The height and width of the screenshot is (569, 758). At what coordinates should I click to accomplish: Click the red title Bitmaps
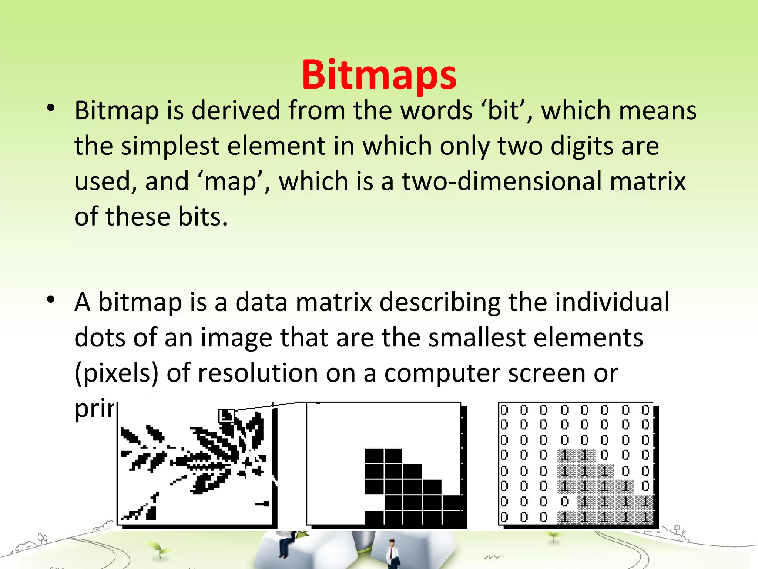click(x=379, y=75)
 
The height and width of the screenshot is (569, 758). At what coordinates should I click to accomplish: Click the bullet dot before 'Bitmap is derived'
click(x=51, y=108)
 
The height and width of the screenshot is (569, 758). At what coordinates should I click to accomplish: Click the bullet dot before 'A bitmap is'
click(x=51, y=299)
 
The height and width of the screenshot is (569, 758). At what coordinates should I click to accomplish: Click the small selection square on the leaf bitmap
click(x=226, y=416)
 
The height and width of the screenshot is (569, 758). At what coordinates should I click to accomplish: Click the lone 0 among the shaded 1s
click(x=564, y=502)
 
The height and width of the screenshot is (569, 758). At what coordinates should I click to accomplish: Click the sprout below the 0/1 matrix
click(x=553, y=536)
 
